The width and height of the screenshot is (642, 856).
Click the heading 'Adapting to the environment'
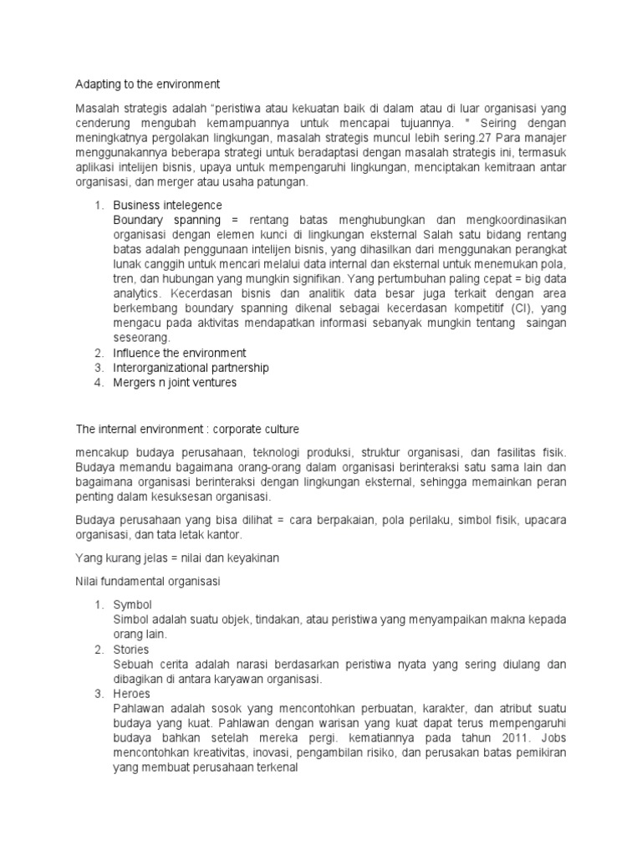(x=147, y=84)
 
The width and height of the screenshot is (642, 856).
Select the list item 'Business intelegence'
(x=167, y=205)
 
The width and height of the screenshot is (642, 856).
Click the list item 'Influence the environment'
(x=180, y=353)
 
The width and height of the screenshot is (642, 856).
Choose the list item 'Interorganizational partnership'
(x=191, y=368)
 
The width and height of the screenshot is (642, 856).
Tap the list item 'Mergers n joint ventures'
(x=175, y=383)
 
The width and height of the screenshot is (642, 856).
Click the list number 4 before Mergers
(x=97, y=383)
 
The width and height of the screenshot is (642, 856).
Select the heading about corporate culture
(x=187, y=429)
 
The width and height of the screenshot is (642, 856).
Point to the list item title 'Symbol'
(x=133, y=604)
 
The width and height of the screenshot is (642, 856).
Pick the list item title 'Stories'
(x=131, y=650)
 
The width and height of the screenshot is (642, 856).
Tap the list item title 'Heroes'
(x=132, y=695)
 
